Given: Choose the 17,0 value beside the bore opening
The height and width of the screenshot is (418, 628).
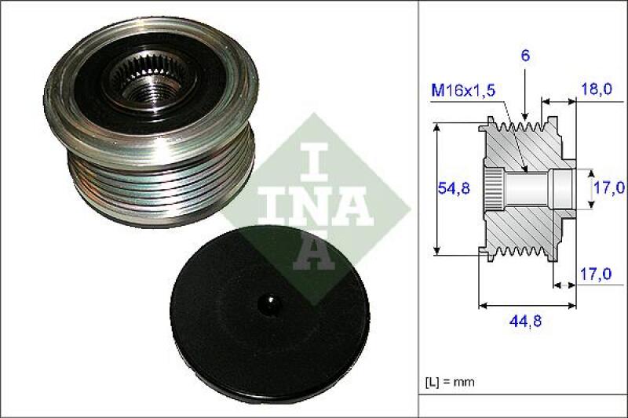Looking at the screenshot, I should pos(609,187).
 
